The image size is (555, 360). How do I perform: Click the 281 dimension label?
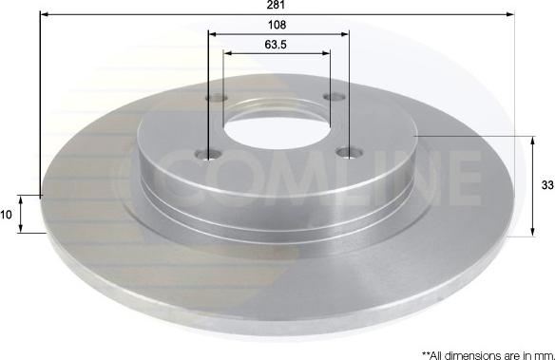click(277, 4)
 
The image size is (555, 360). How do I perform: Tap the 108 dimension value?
click(277, 25)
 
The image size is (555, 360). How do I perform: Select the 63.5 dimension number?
click(276, 45)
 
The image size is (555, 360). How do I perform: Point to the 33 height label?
click(547, 185)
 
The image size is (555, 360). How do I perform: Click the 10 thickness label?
click(6, 215)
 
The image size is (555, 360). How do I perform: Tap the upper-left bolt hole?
click(217, 97)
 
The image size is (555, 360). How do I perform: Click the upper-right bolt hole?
click(335, 97)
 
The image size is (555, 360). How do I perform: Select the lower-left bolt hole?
click(208, 154)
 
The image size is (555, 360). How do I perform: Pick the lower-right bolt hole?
click(350, 153)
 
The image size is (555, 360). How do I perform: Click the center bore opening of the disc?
click(277, 130)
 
